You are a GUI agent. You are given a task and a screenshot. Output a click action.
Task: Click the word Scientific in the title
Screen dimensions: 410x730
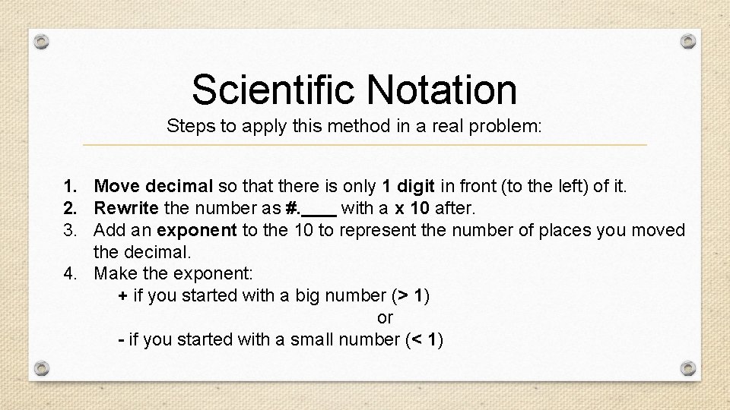click(x=275, y=90)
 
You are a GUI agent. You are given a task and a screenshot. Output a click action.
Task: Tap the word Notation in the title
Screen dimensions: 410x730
click(x=443, y=90)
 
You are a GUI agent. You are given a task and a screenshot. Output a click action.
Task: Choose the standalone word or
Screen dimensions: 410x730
click(x=385, y=317)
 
